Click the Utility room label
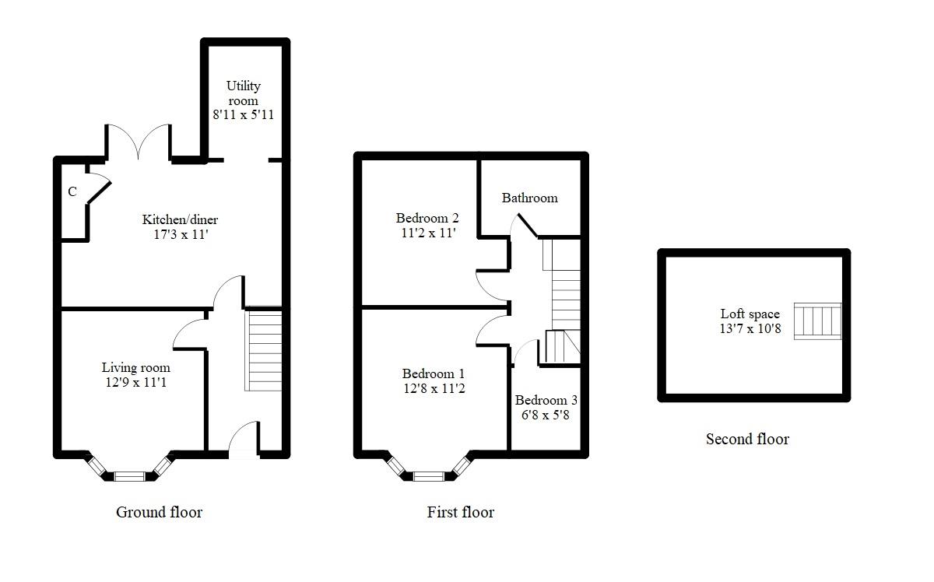coord(244,93)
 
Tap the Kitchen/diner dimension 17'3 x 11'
coord(181,234)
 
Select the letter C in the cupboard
coord(72,191)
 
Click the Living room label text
coord(136,367)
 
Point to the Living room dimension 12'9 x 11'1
coord(136,382)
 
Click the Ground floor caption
coord(160,512)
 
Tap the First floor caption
coord(461,512)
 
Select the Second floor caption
coord(748,439)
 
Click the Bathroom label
coord(529,198)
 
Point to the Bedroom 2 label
coord(427,218)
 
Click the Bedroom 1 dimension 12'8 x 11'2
coord(434,388)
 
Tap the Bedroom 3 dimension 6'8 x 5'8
coord(546,415)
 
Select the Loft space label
coord(750,314)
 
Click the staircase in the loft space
coord(818,321)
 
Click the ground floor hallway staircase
coord(263,349)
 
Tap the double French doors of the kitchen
coord(139,142)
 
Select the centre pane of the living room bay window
coord(129,476)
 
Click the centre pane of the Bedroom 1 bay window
coord(429,476)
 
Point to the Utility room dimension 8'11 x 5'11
coord(244,114)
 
